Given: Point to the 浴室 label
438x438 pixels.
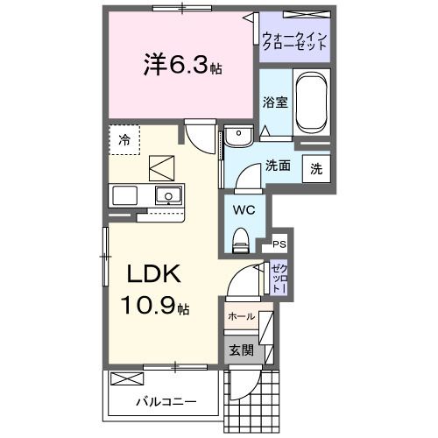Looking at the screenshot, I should pos(275,102).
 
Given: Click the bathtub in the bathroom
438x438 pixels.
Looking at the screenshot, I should pos(310,104).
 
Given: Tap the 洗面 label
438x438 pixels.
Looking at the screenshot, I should pos(279,165).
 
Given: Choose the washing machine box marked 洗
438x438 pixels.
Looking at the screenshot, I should pos(315,167).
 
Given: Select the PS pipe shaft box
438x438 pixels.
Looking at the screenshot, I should pos(279,244).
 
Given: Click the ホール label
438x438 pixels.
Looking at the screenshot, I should pos(241,316).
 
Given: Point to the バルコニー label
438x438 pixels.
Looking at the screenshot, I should pos(166,402).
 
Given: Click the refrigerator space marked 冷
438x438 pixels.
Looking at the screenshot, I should pos(124,139).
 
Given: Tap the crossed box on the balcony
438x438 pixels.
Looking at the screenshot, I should pos(125,380).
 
